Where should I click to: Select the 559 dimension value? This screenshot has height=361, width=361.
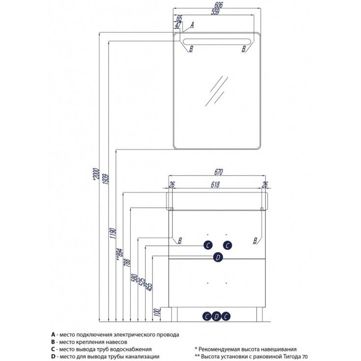(219, 13)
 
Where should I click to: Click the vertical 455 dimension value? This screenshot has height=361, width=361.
(150, 287)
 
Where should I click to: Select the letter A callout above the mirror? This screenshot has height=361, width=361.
(192, 24)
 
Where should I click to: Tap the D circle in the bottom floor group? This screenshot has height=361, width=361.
(216, 316)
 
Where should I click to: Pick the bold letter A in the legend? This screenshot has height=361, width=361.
(53, 333)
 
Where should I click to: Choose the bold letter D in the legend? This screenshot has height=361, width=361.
(53, 356)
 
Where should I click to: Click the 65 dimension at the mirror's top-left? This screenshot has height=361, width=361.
(179, 18)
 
